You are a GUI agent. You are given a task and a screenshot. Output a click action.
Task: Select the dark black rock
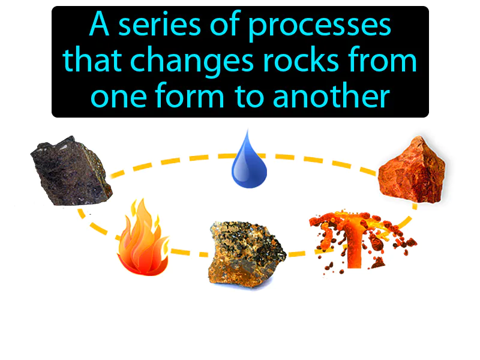71,170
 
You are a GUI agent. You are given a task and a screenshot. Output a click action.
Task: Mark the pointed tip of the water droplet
246,131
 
